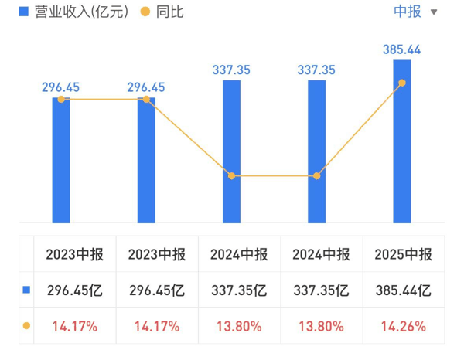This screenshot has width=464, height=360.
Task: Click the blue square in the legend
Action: point(23,12)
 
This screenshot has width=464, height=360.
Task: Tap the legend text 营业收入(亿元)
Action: point(81,12)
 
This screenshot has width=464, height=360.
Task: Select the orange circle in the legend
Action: point(145,12)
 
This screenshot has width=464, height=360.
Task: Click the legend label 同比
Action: point(169,12)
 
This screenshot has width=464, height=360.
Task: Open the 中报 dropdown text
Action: point(408,12)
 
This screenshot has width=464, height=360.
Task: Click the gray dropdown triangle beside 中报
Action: point(434,12)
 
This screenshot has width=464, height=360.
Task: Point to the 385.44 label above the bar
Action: point(401,49)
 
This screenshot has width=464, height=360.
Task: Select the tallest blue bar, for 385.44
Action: point(402,141)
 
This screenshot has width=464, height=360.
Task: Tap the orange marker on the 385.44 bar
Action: point(402,83)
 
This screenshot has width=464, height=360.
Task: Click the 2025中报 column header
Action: point(404,254)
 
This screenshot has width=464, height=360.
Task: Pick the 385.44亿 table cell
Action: point(404,290)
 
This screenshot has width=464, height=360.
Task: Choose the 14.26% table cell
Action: point(404,326)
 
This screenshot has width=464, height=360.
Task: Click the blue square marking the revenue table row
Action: point(26,290)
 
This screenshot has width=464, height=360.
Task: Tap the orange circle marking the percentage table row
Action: point(26,326)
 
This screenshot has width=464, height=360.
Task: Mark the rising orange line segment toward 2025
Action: point(360,130)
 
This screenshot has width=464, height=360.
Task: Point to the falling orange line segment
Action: point(189,138)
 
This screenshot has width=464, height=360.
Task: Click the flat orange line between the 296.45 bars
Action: point(104,100)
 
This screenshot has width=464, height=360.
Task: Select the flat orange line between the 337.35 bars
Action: point(274,176)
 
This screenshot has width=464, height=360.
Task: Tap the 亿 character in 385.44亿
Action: point(424,290)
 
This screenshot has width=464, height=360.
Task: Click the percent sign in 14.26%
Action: point(420,326)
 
